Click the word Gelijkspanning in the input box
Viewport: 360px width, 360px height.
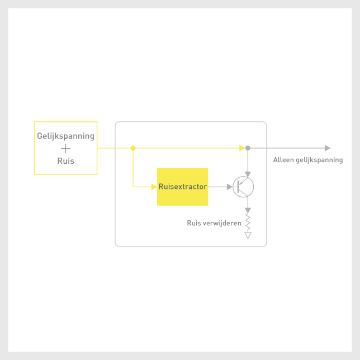65,136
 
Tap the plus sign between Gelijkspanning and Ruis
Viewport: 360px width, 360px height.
65,149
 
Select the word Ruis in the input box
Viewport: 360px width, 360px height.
65,161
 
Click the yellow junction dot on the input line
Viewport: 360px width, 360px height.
133,148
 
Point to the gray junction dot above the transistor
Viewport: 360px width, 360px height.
248,148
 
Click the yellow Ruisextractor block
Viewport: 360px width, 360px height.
182,187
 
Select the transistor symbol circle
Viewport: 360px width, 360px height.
244,187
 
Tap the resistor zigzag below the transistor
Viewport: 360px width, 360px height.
248,221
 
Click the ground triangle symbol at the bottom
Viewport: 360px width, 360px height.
248,235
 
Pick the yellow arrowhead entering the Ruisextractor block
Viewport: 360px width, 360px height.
154,187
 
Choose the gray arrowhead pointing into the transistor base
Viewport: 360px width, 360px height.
229,187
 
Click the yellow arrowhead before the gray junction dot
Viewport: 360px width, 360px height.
242,148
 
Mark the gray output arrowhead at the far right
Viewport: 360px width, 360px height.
328,148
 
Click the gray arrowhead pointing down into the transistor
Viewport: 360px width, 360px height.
248,174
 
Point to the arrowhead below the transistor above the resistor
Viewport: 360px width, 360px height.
248,210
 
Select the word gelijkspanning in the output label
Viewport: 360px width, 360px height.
319,160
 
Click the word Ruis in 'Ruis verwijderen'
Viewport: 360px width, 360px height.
194,223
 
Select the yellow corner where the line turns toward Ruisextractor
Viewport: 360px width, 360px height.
133,187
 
